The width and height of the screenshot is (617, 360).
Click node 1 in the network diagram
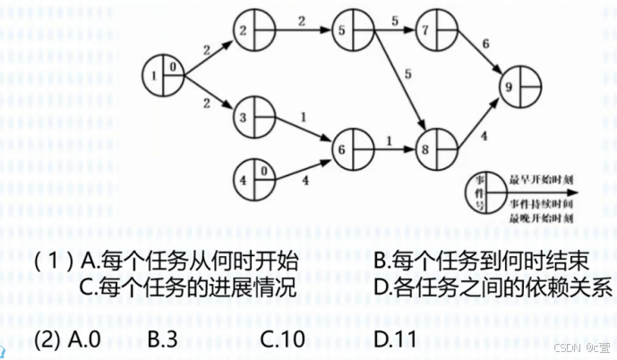(162, 76)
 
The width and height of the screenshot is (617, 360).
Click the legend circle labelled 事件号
(482, 193)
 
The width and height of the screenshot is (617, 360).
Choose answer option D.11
(394, 339)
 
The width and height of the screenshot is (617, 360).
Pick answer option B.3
(166, 339)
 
